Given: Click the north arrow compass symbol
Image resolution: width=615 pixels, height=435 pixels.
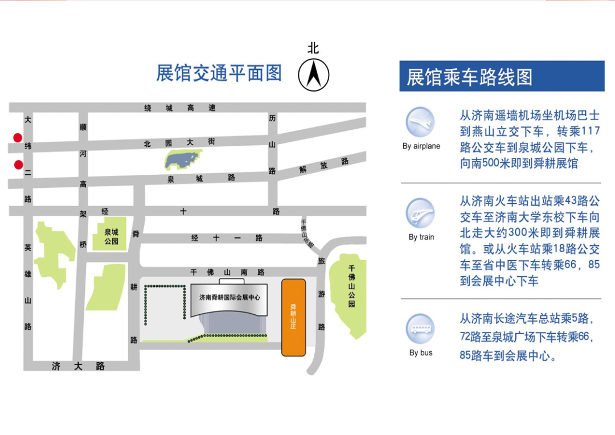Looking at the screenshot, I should (x=314, y=75).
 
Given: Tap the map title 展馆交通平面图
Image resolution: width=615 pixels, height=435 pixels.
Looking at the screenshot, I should (x=219, y=73).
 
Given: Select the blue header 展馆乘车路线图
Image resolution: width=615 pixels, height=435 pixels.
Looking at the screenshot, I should (x=470, y=77).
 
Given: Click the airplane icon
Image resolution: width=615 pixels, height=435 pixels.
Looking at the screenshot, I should (x=420, y=122).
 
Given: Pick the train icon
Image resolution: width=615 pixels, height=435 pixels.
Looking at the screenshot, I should (x=420, y=213).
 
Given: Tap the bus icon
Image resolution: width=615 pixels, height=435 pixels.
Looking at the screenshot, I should (x=420, y=329).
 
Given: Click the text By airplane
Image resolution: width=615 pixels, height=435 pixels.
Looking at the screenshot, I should (x=421, y=146).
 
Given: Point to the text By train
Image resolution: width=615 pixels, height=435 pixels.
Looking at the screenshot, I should (x=421, y=237).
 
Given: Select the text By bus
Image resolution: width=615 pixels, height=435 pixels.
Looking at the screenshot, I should (x=421, y=353).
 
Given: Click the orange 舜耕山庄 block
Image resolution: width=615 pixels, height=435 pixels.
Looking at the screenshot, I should (x=294, y=317).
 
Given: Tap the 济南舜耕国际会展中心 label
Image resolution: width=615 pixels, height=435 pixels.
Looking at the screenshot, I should (x=229, y=298).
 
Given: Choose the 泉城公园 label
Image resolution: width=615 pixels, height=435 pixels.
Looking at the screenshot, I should (x=112, y=236).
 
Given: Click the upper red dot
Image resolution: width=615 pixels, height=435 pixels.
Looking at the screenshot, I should (x=18, y=138).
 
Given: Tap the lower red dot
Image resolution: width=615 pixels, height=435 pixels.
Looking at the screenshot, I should (x=18, y=165).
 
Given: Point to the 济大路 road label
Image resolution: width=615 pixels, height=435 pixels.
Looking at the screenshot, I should (x=78, y=366).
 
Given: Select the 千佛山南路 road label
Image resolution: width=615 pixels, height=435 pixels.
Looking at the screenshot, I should (x=228, y=273).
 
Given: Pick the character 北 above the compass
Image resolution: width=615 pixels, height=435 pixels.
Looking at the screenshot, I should (x=314, y=48).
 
